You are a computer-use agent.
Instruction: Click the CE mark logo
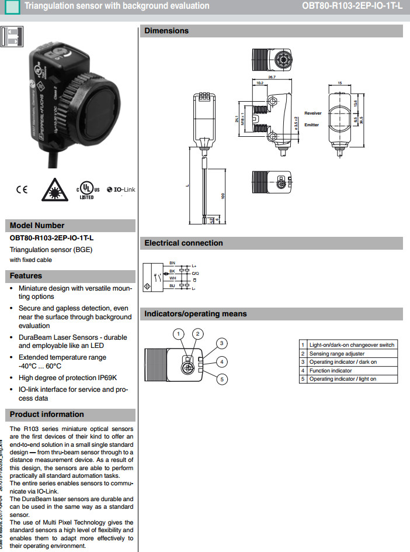[x=22, y=189]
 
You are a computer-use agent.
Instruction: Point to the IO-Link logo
[x=120, y=190]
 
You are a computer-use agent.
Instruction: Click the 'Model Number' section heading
[x=37, y=226]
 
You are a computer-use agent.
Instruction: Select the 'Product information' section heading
[x=47, y=415]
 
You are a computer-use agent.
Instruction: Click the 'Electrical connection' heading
[x=183, y=243]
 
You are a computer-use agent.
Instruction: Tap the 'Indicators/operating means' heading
[x=196, y=314]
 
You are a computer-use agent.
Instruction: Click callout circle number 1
[x=178, y=334]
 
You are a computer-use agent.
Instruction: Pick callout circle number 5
[x=221, y=379]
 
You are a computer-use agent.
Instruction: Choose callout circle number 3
[x=221, y=343]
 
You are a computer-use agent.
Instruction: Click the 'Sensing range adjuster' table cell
[x=336, y=354]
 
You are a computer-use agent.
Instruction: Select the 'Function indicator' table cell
[x=331, y=371]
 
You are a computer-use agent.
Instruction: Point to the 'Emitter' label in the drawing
[x=311, y=125]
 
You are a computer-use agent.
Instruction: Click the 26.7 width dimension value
[x=272, y=77]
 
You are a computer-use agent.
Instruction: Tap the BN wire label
[x=172, y=263]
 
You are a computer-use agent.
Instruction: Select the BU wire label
[x=172, y=286]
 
